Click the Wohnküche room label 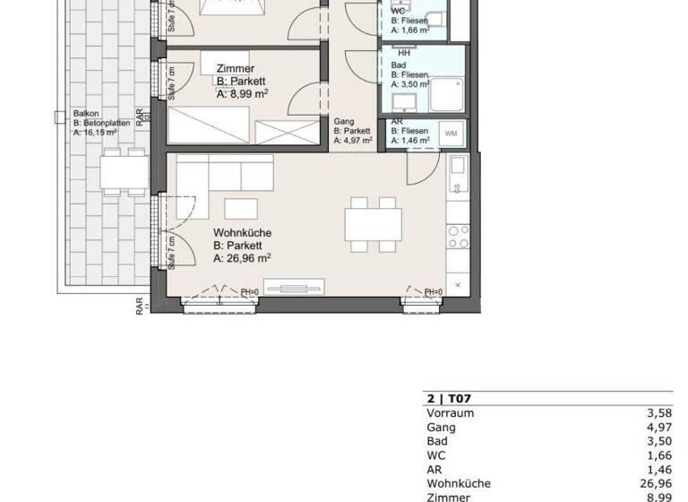pyautogui.click(x=242, y=232)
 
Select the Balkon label pyautogui.click(x=87, y=115)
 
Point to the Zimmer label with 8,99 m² pyautogui.click(x=236, y=68)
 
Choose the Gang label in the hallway pyautogui.click(x=344, y=121)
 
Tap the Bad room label pyautogui.click(x=399, y=65)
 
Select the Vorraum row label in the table pyautogui.click(x=451, y=413)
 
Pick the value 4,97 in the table pyautogui.click(x=658, y=428)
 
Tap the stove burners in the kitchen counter pyautogui.click(x=459, y=237)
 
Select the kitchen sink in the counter pyautogui.click(x=459, y=166)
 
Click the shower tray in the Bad pyautogui.click(x=446, y=92)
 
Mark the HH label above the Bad pyautogui.click(x=404, y=53)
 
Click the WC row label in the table pyautogui.click(x=435, y=455)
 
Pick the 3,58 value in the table pyautogui.click(x=658, y=413)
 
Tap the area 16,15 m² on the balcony pyautogui.click(x=96, y=132)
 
